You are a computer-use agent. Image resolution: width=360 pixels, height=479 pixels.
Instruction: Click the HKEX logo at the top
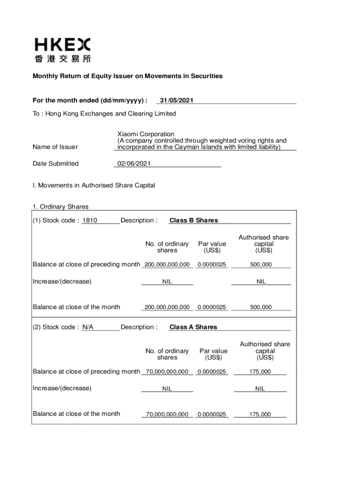63,50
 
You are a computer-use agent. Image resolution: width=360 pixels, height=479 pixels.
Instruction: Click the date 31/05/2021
176,101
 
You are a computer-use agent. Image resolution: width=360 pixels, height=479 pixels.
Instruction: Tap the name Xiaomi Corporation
145,134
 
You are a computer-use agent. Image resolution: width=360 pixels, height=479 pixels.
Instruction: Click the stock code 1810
90,220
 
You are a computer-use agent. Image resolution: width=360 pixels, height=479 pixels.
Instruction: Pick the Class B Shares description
194,220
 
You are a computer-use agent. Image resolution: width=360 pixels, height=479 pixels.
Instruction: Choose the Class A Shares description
193,327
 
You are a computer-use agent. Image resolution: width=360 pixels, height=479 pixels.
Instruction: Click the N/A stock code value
88,327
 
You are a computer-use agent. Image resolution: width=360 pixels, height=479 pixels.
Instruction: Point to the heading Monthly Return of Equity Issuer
127,76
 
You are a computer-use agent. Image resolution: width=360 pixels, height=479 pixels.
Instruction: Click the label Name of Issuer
55,147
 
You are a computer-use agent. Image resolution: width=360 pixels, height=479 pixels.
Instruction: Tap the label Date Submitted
56,163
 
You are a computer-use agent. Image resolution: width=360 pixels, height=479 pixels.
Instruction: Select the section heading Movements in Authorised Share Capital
94,185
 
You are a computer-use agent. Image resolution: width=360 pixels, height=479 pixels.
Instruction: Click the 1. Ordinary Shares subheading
60,207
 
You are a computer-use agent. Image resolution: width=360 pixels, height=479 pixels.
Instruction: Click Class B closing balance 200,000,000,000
167,307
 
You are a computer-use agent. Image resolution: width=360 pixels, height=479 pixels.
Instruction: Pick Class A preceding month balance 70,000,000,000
167,372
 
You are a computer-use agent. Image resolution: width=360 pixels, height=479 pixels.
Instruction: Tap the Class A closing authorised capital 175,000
260,414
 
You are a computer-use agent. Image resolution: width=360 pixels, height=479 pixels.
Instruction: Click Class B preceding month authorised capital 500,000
261,265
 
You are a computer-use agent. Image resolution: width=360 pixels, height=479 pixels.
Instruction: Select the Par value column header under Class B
212,247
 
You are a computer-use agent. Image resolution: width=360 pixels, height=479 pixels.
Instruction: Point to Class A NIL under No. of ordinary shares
167,389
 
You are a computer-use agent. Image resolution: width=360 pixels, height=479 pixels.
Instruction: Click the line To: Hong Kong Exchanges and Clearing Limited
104,114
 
